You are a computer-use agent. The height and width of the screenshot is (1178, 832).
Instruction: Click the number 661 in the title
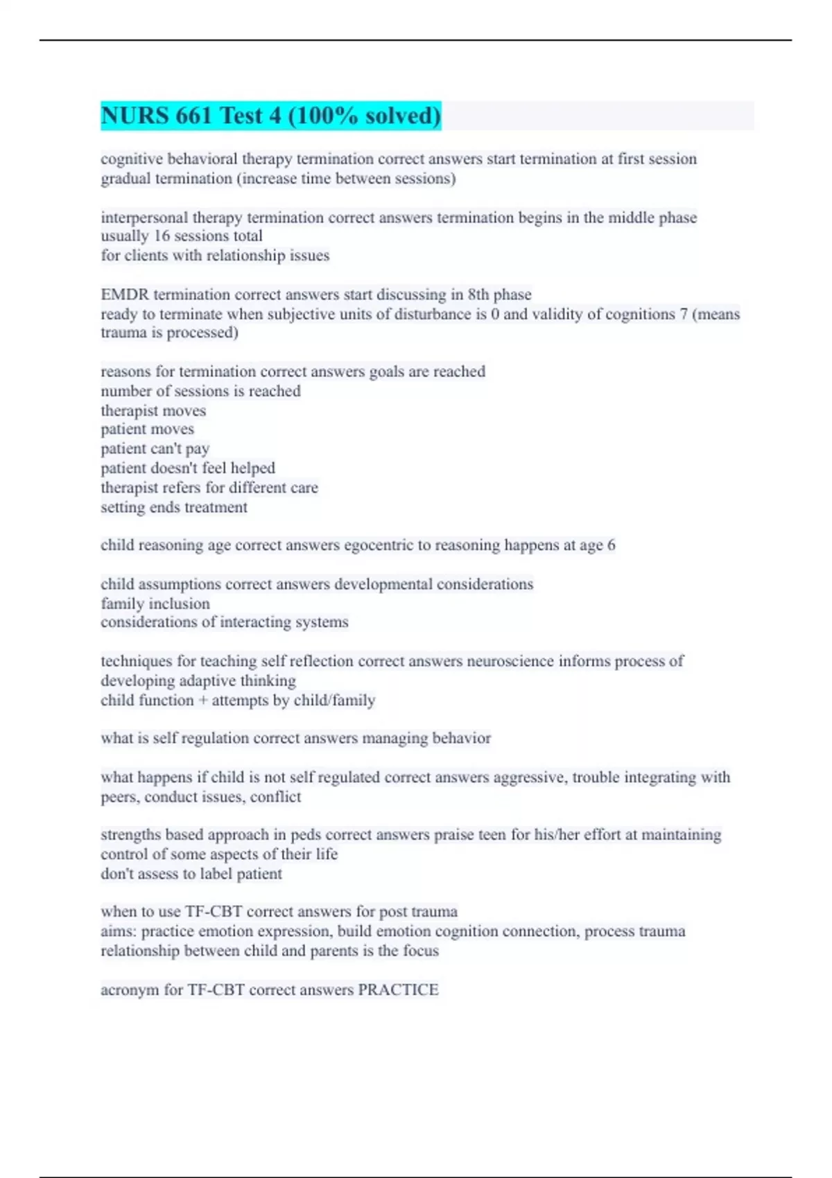click(193, 116)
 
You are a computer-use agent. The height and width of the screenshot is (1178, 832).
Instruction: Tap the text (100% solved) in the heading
click(364, 116)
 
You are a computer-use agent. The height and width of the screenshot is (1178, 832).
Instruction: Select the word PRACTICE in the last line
click(398, 990)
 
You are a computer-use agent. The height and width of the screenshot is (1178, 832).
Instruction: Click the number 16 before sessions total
click(162, 236)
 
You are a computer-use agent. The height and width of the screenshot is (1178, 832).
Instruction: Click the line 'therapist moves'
click(153, 411)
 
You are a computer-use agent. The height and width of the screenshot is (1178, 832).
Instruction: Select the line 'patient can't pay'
click(155, 449)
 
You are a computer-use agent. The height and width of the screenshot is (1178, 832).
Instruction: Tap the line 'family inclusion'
click(155, 604)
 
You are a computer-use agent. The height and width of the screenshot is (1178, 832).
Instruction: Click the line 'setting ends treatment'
click(174, 507)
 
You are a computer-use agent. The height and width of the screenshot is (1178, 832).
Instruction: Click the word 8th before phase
click(478, 294)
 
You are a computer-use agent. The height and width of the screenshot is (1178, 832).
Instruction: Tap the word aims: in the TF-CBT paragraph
click(119, 931)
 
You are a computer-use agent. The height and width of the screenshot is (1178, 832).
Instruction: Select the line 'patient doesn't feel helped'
click(188, 468)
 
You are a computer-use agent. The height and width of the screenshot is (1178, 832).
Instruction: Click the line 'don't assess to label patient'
click(191, 874)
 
